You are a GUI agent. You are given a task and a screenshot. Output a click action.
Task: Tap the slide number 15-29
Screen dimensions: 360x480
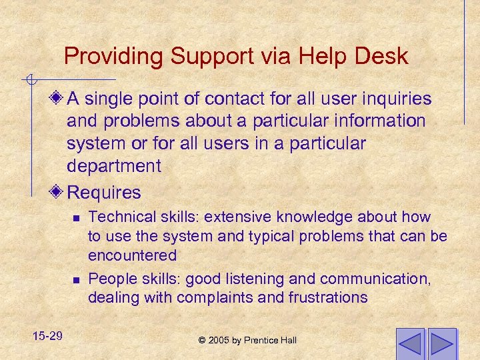46,335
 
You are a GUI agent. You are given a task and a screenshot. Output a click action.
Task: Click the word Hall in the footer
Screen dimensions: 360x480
288,341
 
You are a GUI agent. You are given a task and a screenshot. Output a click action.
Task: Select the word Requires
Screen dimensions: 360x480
104,193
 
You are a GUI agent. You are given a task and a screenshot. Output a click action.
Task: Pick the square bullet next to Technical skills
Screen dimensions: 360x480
77,217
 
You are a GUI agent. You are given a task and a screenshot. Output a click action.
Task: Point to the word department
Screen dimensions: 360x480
114,165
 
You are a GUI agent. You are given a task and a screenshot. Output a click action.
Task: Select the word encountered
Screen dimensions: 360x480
132,255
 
